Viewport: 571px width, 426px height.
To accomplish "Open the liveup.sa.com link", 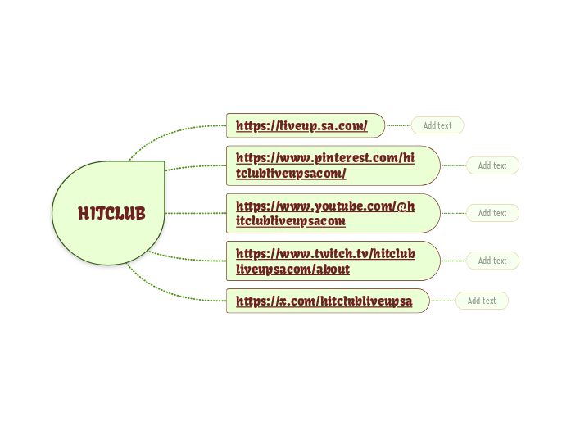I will point(301,126).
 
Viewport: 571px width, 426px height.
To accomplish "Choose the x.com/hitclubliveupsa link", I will point(324,301).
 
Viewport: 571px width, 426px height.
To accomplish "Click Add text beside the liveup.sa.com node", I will point(437,125).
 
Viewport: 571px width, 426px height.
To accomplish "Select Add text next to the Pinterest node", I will point(492,165).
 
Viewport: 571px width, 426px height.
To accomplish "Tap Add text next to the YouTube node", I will point(492,213).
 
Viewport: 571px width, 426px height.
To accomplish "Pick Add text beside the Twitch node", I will point(492,261).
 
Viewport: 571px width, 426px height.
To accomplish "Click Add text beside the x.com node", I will point(482,301).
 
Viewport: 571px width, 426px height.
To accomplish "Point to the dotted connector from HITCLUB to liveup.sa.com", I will point(172,132).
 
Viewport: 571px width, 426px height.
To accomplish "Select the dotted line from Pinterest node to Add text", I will point(453,165).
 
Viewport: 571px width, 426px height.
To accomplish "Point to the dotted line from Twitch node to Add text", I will point(453,261).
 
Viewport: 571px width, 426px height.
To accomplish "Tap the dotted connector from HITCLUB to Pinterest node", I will point(197,166).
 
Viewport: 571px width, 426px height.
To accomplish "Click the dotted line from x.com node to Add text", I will point(442,301).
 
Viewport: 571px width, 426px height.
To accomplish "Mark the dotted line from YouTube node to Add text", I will point(453,213).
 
